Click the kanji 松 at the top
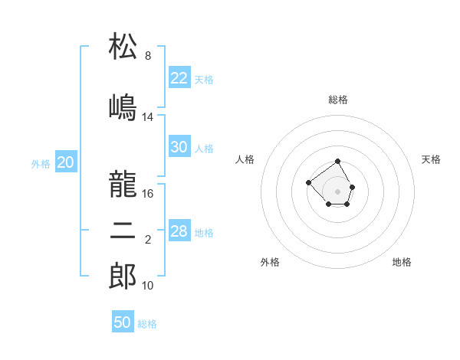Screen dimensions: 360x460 tap(123, 47)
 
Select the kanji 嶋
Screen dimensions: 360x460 tap(123, 107)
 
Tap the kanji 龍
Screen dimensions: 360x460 tap(123, 184)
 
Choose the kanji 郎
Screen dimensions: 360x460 tap(123, 277)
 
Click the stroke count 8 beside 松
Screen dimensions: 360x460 tap(148, 56)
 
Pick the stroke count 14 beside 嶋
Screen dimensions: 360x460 tap(148, 117)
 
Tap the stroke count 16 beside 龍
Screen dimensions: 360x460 tap(148, 194)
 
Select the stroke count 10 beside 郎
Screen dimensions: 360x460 tap(148, 286)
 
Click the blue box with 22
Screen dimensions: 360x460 tap(179, 78)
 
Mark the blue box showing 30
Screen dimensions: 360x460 tap(179, 147)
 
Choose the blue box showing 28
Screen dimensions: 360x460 tap(179, 231)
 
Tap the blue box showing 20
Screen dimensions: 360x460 tap(66, 162)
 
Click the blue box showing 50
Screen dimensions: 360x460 tap(123, 322)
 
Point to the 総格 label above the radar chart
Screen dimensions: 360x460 tap(338, 100)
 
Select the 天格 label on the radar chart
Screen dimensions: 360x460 tap(432, 159)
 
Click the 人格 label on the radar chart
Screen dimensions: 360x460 tap(245, 159)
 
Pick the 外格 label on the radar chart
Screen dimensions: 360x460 tap(270, 262)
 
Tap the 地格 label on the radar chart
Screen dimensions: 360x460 tap(402, 262)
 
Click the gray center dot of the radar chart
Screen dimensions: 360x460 tap(337, 191)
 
